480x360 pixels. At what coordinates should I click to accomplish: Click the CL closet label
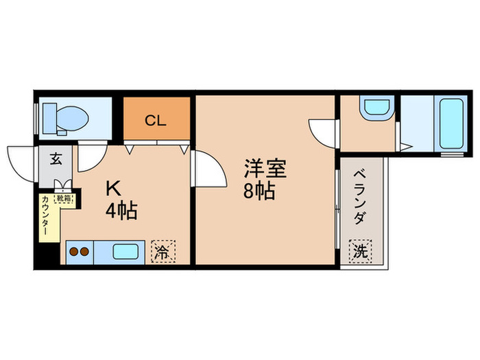click(156, 121)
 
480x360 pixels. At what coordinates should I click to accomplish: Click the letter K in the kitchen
click(112, 187)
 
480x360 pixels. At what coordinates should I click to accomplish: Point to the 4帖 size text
click(121, 209)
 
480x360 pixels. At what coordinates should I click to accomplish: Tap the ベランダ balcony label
click(360, 196)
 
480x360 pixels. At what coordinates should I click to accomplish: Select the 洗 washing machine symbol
click(361, 251)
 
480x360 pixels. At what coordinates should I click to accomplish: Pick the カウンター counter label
click(45, 216)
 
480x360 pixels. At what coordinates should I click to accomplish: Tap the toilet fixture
click(64, 118)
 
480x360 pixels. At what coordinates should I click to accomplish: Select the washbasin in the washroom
click(376, 108)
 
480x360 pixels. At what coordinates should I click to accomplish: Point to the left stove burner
click(73, 252)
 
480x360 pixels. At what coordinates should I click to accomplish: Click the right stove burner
click(84, 252)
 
